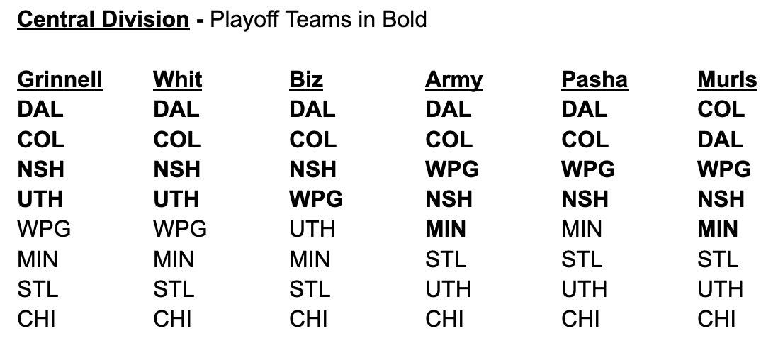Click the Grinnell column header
pyautogui.click(x=60, y=80)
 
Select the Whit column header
pyautogui.click(x=178, y=80)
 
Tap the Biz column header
pyautogui.click(x=306, y=80)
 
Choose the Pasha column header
pyautogui.click(x=595, y=80)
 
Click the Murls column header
pyautogui.click(x=727, y=80)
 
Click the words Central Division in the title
pyautogui.click(x=103, y=20)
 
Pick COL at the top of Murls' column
pyautogui.click(x=721, y=110)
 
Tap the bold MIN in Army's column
pyautogui.click(x=446, y=230)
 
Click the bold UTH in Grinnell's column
pyautogui.click(x=40, y=200)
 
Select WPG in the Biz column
pyautogui.click(x=316, y=200)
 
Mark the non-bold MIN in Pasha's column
pyautogui.click(x=582, y=230)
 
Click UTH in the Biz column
pyautogui.click(x=312, y=230)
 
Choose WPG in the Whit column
pyautogui.click(x=180, y=230)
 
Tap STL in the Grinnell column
pyautogui.click(x=38, y=289)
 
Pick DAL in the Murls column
pyautogui.click(x=721, y=140)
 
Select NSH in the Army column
pyautogui.click(x=449, y=200)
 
